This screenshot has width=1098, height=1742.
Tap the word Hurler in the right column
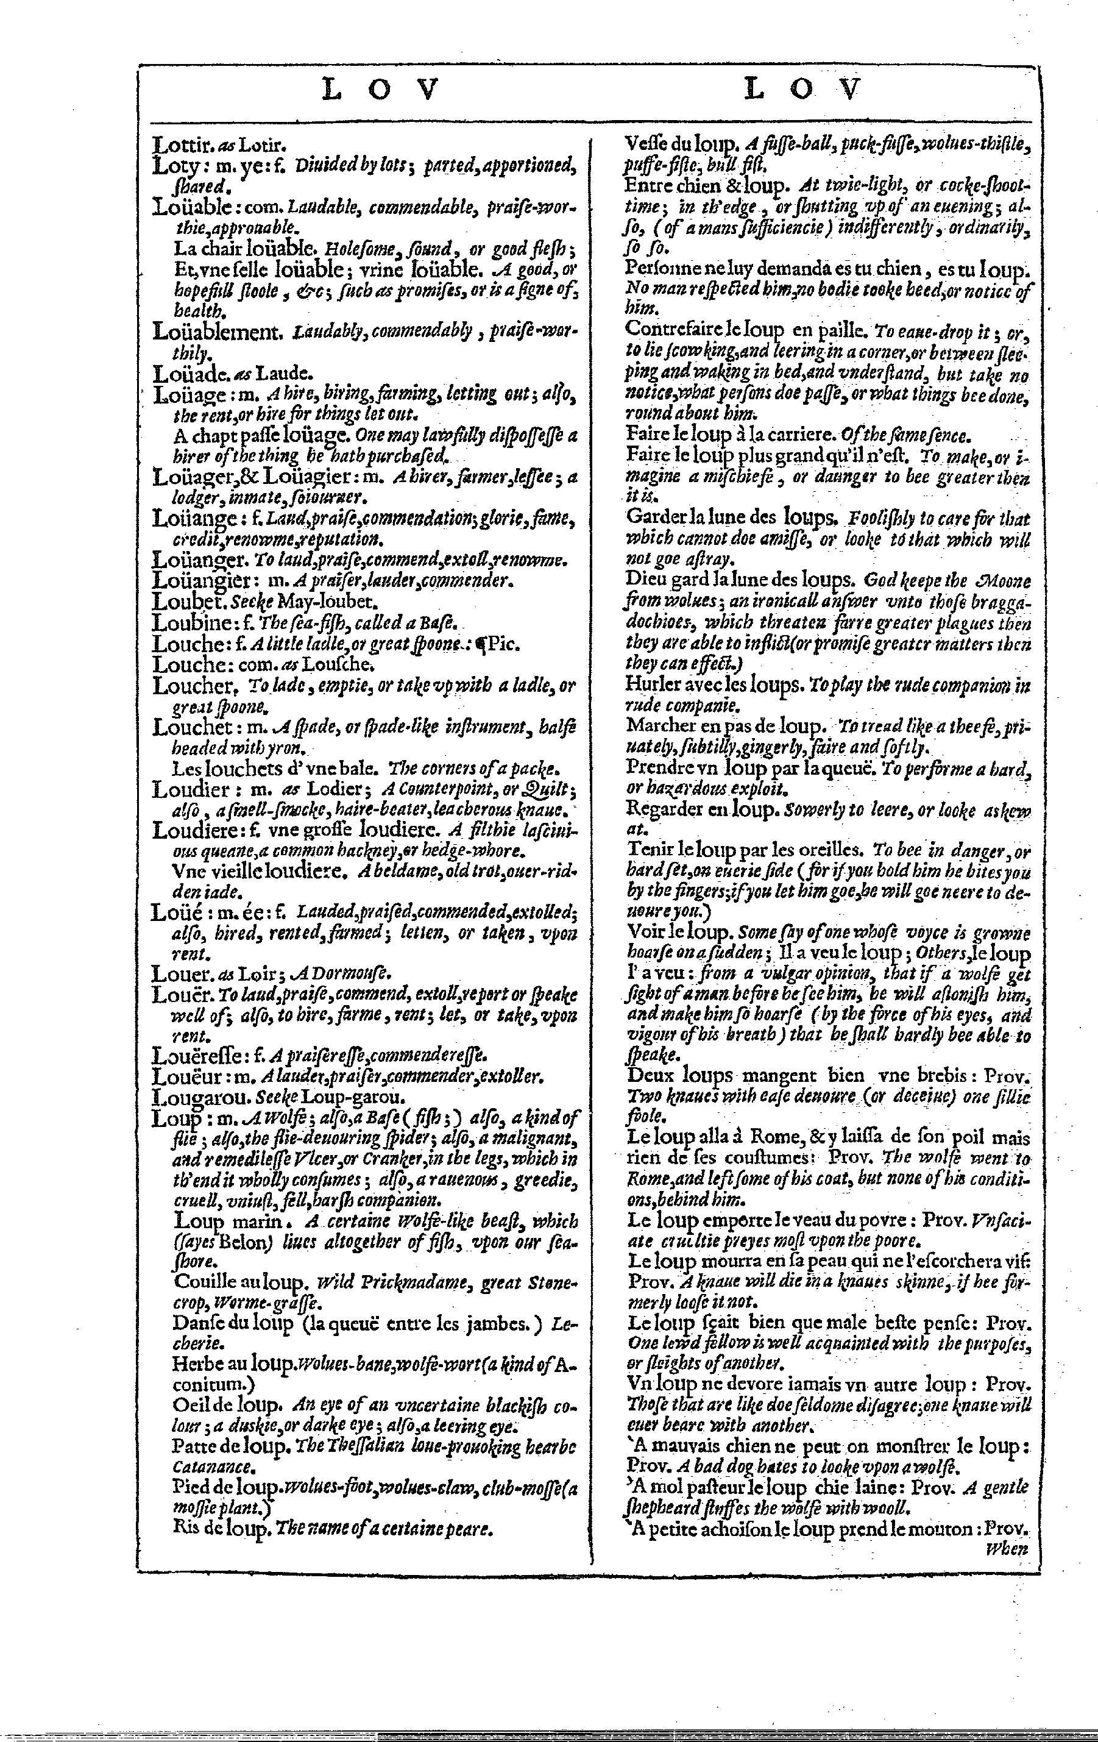click(649, 684)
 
